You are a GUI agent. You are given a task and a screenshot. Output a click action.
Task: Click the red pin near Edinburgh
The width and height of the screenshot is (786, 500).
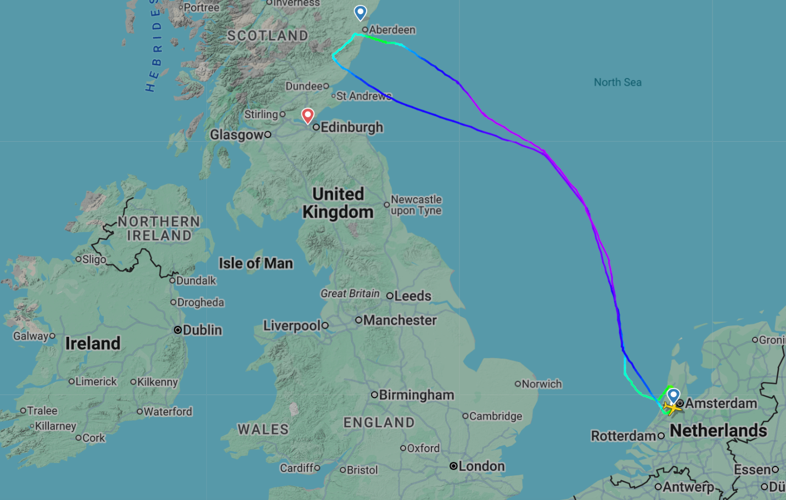308,115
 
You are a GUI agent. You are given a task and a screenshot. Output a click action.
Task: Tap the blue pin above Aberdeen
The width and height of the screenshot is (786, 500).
360,12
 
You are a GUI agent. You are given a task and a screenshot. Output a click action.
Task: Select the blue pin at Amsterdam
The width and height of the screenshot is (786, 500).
673,395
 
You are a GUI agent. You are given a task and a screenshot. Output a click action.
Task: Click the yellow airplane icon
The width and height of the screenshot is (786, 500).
671,408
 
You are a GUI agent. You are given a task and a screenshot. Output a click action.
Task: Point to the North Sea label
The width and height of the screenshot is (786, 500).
617,82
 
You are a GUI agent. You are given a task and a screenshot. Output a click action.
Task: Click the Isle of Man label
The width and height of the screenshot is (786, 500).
256,264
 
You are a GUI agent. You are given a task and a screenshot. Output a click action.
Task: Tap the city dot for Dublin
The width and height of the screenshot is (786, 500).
178,330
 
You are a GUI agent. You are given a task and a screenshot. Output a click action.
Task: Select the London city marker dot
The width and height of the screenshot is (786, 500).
453,466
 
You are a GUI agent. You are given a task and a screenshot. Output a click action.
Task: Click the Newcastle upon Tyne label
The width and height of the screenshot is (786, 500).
416,205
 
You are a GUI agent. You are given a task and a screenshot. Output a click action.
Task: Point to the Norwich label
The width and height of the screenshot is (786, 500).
542,384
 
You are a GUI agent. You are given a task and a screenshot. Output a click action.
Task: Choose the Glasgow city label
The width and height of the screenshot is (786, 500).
237,135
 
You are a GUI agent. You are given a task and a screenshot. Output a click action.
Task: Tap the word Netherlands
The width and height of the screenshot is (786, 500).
718,430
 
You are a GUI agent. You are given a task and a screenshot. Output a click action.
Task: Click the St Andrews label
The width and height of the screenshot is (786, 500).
364,96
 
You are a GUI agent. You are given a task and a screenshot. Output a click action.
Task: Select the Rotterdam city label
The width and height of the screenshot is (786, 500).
624,436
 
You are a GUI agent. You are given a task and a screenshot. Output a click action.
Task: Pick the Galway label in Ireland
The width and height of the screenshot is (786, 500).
31,336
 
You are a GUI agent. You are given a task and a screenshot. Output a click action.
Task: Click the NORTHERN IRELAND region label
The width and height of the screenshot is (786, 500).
159,229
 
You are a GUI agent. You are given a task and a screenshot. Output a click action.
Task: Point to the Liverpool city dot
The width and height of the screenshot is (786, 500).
325,326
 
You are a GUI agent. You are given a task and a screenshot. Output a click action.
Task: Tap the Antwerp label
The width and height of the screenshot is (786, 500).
688,487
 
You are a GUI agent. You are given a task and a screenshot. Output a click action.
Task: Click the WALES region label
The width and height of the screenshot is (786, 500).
263,429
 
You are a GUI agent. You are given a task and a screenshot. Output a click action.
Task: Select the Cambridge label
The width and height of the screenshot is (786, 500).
496,416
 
